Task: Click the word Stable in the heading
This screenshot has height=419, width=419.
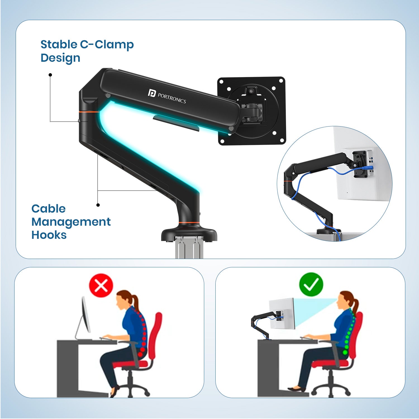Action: pos(59,44)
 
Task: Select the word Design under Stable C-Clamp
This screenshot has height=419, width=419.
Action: pos(60,58)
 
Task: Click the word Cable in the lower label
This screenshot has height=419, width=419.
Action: pos(49,209)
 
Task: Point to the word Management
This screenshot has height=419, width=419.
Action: pos(71,222)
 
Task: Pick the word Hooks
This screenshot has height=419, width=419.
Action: pos(49,235)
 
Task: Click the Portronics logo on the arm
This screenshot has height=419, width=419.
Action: pos(167,96)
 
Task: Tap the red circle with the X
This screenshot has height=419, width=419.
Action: pos(101,285)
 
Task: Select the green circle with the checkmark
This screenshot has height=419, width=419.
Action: pos(311,285)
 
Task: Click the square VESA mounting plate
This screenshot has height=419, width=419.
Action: pos(251,111)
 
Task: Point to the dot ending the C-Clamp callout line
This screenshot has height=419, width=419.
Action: pos(50,75)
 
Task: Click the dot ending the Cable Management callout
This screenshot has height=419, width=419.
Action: pos(98,205)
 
